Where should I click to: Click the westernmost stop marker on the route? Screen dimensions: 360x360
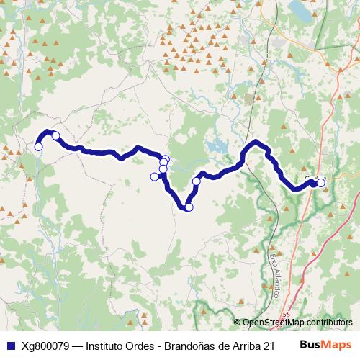pos(38,147)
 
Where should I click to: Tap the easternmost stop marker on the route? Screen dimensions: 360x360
pos(320,183)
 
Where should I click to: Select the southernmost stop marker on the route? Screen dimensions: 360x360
pos(189,207)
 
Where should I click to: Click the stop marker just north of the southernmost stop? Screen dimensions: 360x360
pos(196,181)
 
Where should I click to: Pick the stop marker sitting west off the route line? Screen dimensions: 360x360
pos(154,176)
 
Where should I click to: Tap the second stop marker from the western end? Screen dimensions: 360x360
pos(55,135)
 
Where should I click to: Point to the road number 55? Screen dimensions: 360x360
pos(287,315)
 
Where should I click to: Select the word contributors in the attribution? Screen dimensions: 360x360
pos(330,323)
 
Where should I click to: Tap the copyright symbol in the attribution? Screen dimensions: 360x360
pos(238,323)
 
